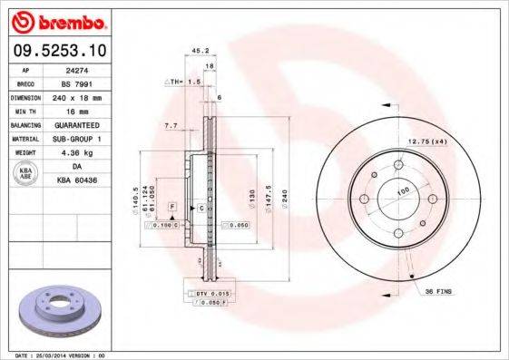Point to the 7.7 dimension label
point(171,125)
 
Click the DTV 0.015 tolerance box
point(209,295)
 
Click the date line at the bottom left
point(54,355)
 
